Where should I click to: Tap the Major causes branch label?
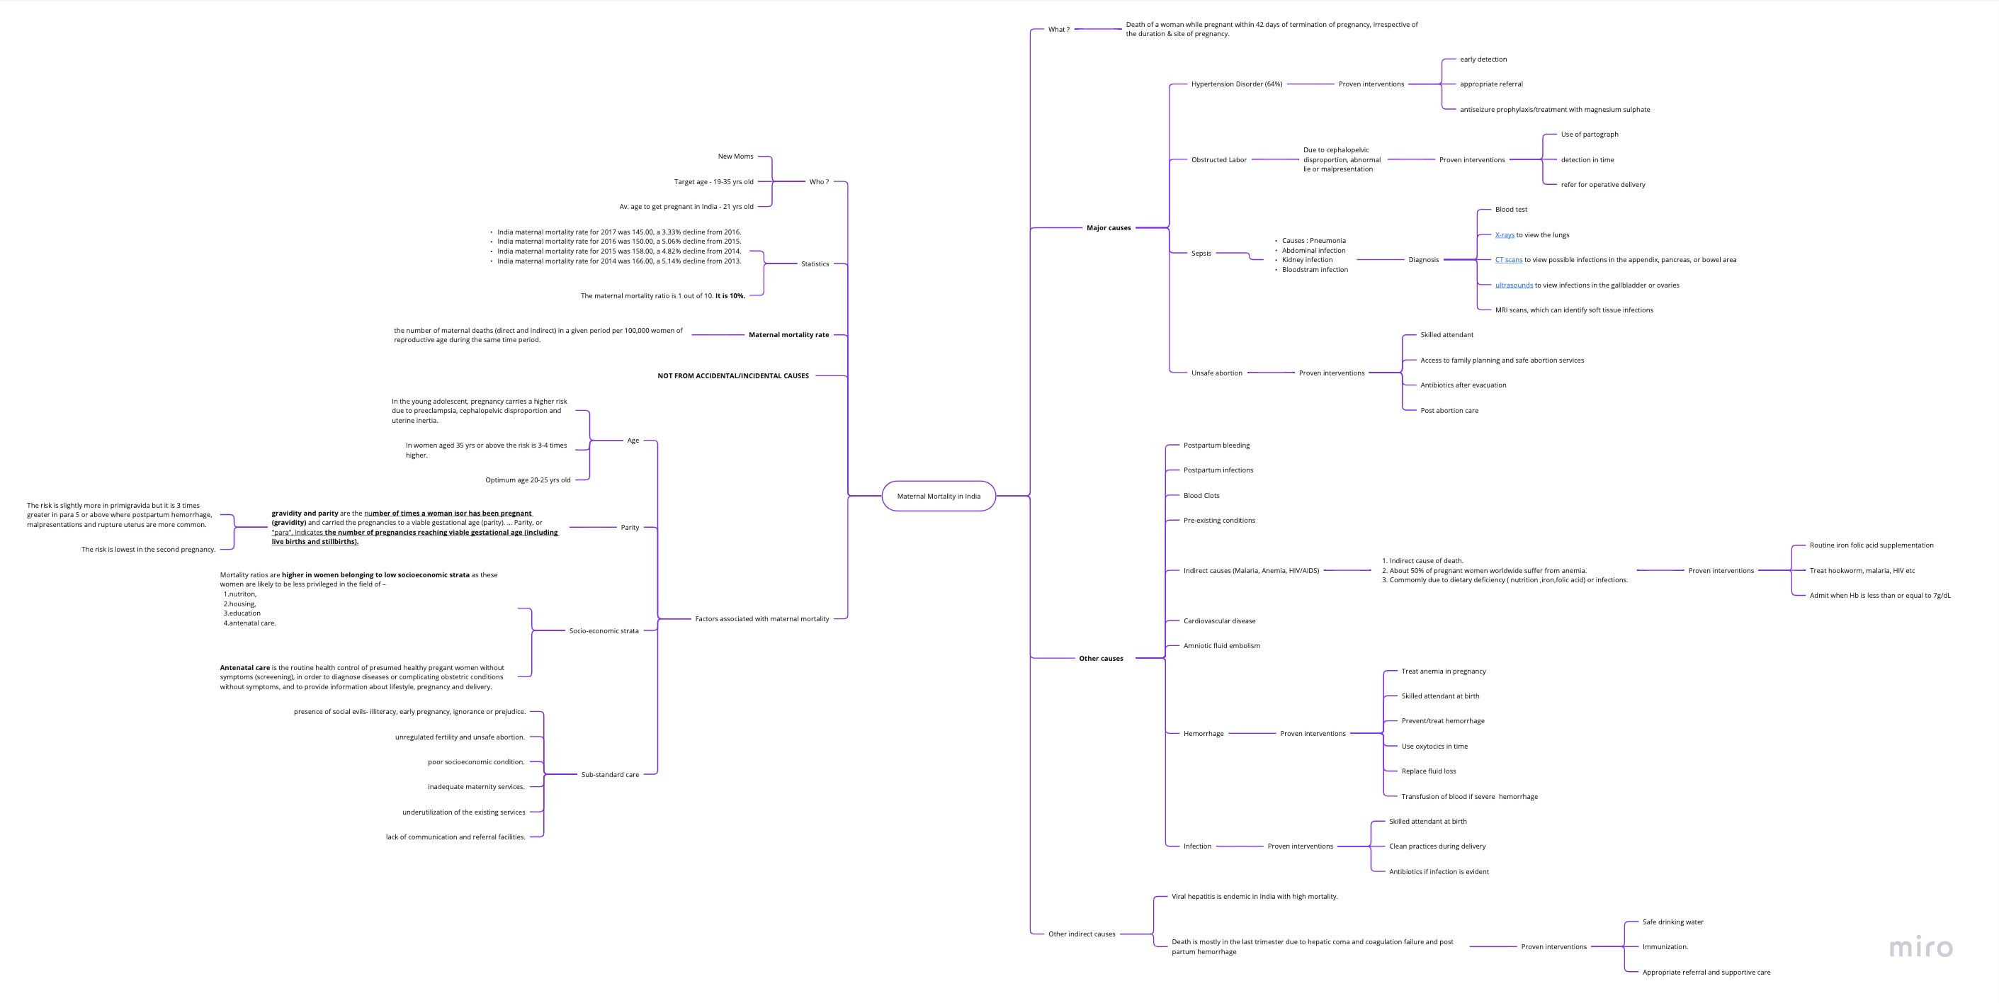1108,228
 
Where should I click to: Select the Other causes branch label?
1100,659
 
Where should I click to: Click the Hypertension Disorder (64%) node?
1236,84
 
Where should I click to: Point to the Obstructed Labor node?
1218,160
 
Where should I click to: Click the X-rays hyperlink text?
1505,235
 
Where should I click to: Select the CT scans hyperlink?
1509,260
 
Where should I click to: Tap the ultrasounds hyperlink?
1514,285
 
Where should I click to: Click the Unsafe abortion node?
1216,373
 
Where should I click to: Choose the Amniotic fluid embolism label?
1221,645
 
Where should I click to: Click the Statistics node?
815,263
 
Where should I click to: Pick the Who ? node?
819,181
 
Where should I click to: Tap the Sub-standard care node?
610,774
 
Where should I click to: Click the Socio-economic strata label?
604,630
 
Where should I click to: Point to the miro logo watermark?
1920,947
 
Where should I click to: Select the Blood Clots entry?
1201,496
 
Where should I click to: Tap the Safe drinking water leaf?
1673,922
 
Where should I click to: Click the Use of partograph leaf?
1590,134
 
